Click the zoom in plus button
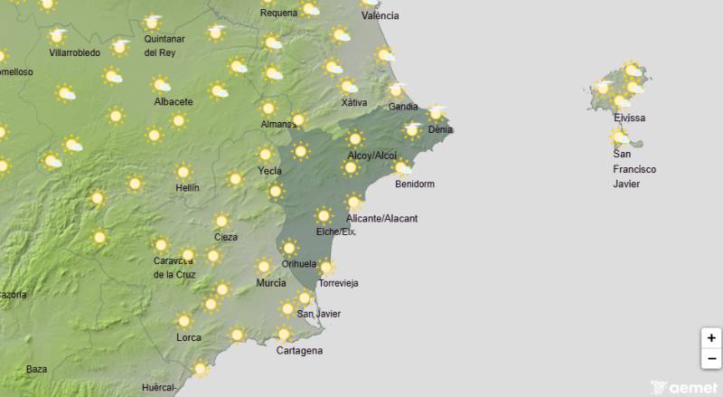pos(711,338)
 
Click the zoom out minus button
pos(711,358)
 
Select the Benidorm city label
pos(415,184)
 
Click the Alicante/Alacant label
pos(382,219)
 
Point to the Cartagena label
pos(299,351)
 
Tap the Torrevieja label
pos(338,283)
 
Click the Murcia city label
pos(271,283)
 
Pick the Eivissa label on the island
pos(629,118)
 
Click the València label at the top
pos(380,16)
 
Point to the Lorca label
pos(189,337)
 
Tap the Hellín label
pos(187,188)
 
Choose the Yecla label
pos(269,171)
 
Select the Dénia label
pos(440,130)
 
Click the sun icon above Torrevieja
pos(327,267)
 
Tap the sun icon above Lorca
pos(185,320)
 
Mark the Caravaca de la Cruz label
pos(174,268)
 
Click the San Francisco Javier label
pos(634,169)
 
